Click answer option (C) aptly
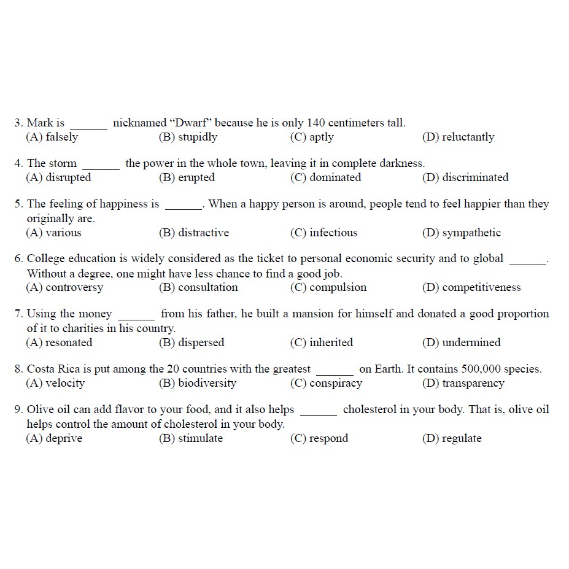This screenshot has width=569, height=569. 312,137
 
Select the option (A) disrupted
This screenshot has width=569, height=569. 58,177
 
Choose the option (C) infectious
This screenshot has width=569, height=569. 323,233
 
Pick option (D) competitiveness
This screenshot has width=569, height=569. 471,287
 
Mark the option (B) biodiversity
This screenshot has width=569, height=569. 197,383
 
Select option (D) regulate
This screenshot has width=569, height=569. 452,438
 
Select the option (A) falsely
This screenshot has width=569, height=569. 52,137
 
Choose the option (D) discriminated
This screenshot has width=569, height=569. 465,177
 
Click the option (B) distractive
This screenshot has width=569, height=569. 194,233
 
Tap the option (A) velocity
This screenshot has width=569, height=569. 55,383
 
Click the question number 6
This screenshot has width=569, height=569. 18,259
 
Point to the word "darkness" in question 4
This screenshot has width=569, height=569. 401,163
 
